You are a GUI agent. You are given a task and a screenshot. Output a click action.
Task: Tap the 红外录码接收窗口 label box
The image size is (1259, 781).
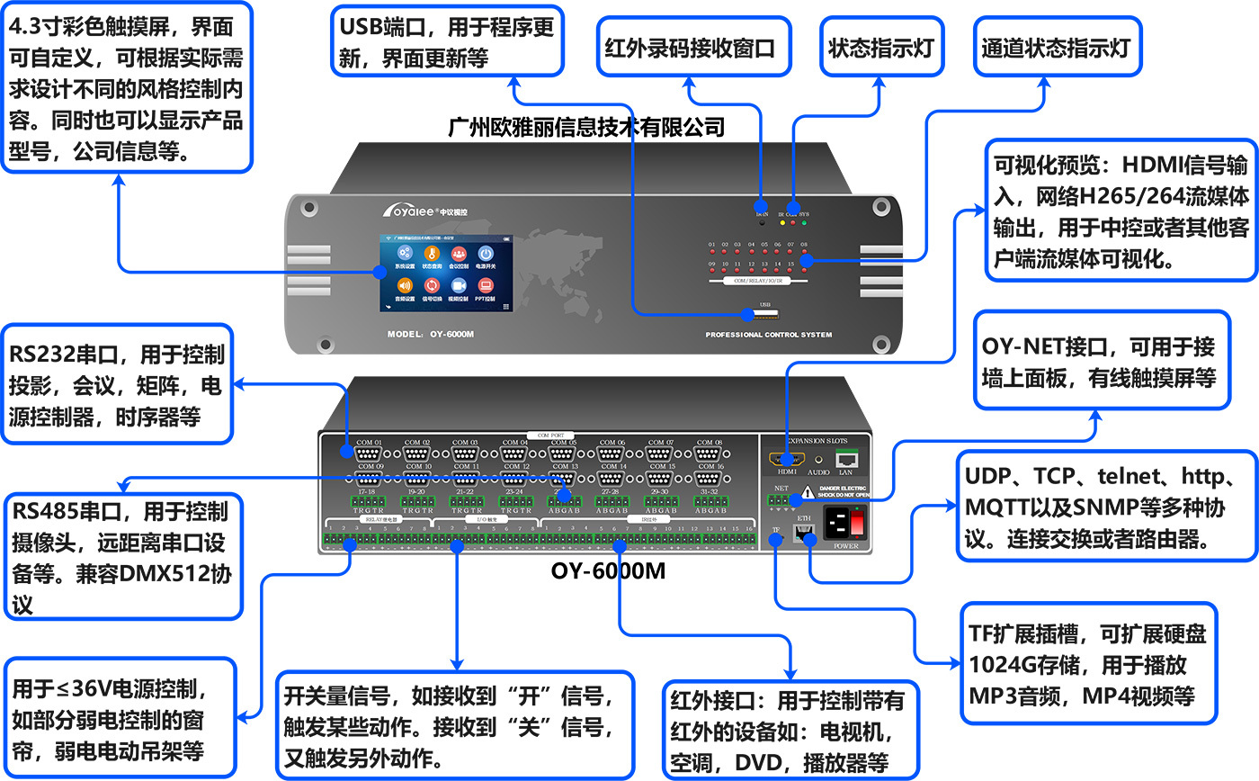pos(689,48)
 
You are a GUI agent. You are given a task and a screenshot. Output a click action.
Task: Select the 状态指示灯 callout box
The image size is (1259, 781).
pos(882,48)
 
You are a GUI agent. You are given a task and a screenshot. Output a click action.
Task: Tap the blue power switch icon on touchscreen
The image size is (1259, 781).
pos(485,256)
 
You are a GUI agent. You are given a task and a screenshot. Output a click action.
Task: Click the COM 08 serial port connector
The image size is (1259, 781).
pos(710,454)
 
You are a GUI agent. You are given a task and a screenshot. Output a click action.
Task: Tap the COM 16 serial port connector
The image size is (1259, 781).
pos(710,478)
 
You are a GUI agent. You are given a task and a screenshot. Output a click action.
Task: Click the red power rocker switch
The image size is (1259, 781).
pos(858,523)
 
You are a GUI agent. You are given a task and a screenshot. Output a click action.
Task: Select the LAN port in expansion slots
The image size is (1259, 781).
pos(845,458)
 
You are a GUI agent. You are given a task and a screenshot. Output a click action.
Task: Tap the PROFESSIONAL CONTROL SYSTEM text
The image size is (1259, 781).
pos(768,335)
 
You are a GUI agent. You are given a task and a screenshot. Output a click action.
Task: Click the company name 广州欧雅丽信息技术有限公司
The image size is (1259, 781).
pos(585,126)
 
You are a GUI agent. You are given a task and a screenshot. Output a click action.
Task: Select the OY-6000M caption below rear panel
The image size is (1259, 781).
pos(608,570)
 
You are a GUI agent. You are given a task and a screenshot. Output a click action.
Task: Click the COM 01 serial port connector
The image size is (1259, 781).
pos(370,454)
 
